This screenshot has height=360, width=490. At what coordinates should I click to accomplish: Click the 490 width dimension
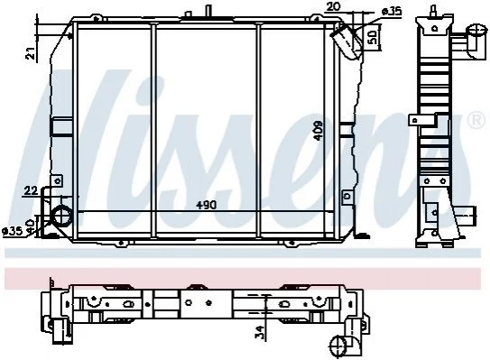pos(206,206)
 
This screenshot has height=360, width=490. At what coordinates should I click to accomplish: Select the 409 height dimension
pos(319,131)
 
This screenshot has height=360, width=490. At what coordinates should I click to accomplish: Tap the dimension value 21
pos(31,53)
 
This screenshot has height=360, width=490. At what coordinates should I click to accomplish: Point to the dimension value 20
pos(332,6)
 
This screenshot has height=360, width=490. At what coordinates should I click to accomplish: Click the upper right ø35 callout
pos(392,12)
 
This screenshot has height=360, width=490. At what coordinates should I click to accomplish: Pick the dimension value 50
pos(371,37)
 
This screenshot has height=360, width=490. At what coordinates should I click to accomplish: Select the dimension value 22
pos(31,190)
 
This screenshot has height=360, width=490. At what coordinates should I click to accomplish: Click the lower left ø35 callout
pos(13,231)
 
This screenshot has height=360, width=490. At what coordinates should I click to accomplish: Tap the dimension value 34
pos(259,332)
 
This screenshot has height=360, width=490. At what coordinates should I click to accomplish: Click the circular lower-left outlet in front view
pos(62,216)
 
